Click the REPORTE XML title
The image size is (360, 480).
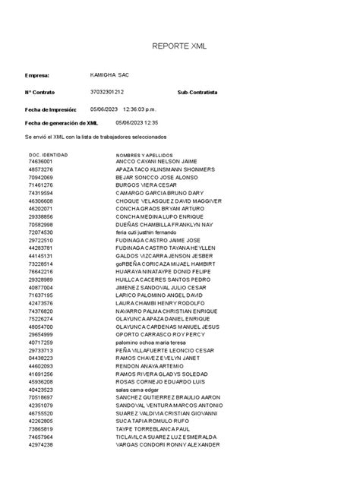(x=180, y=46)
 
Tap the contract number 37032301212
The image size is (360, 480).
(x=106, y=91)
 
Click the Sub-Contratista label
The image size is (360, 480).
(x=197, y=92)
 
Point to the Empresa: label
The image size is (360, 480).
(x=37, y=76)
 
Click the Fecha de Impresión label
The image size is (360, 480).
(x=49, y=109)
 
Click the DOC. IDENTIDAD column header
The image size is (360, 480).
(x=49, y=155)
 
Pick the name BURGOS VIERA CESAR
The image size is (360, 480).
(x=146, y=185)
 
